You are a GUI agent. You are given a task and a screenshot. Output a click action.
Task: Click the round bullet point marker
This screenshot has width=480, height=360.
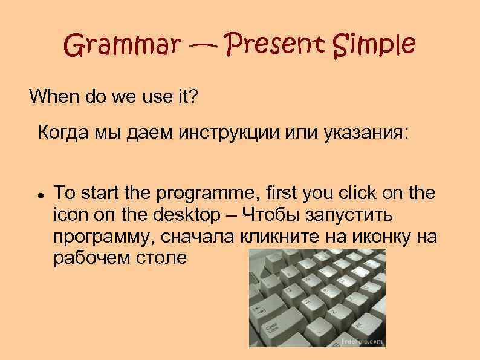coord(39,194)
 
